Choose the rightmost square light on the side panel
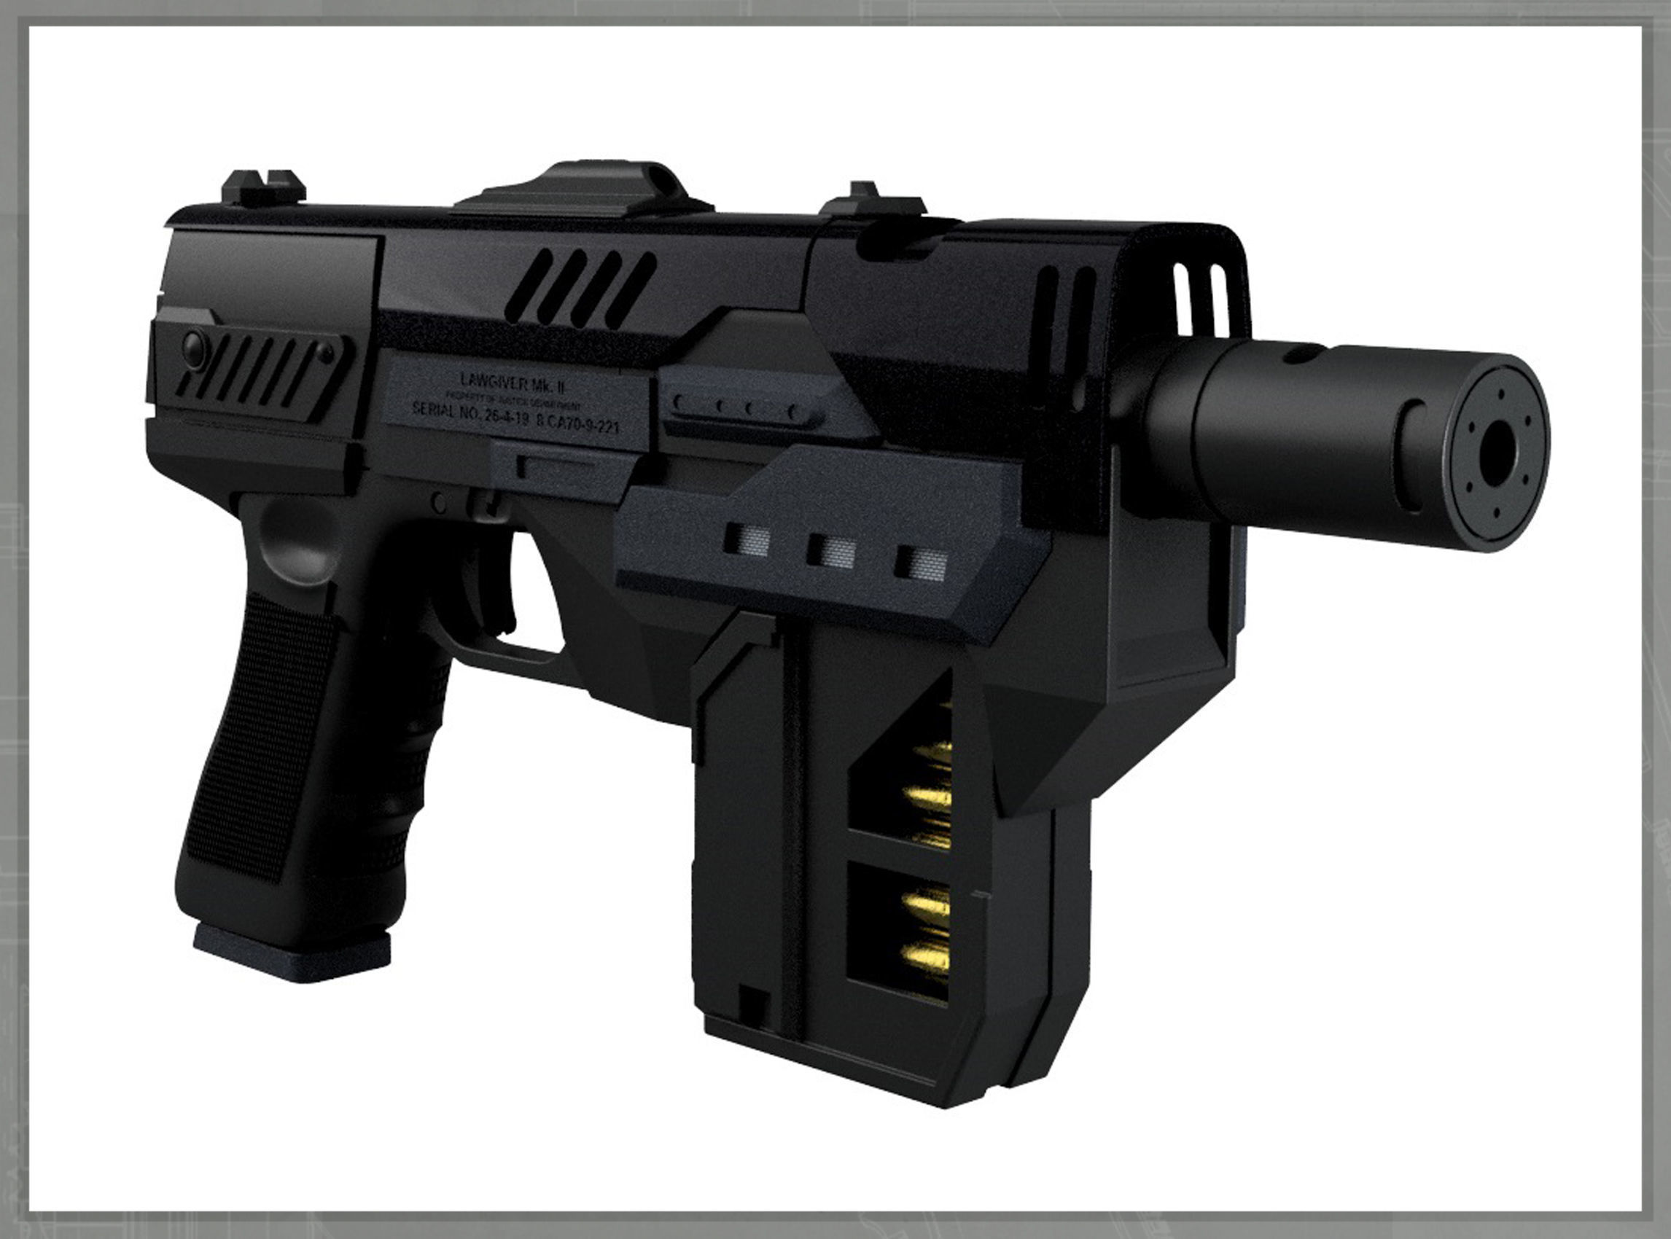(921, 563)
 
